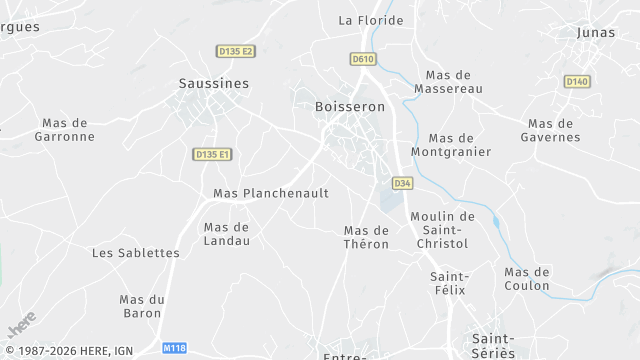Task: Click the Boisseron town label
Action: click(349, 106)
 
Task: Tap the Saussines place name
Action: click(213, 83)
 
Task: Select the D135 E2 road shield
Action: click(236, 51)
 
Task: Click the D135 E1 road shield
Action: click(213, 154)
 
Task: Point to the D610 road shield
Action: click(362, 59)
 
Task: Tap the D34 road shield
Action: click(402, 183)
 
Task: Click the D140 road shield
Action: click(576, 81)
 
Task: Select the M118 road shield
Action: click(174, 348)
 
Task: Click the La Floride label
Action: click(371, 20)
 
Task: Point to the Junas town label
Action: click(596, 32)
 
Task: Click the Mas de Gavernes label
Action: click(550, 130)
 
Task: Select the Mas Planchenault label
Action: click(270, 193)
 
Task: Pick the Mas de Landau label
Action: click(226, 233)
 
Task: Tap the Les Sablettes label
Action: click(136, 253)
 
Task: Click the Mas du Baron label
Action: click(141, 306)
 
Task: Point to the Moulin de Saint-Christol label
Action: click(443, 229)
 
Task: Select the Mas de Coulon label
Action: click(527, 279)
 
